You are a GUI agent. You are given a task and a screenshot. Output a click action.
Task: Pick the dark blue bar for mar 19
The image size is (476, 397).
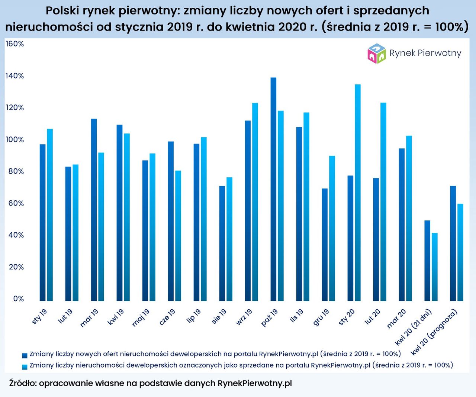click(94, 210)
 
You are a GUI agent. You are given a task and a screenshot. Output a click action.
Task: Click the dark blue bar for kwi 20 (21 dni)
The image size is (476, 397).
click(427, 260)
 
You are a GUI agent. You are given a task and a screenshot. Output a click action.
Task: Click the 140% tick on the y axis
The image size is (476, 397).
click(15, 76)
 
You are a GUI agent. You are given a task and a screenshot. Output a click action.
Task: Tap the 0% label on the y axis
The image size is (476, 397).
click(18, 299)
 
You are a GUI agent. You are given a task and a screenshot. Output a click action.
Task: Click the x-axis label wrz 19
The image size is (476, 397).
click(244, 317)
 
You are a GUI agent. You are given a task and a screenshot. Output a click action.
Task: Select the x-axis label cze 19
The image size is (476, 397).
click(167, 317)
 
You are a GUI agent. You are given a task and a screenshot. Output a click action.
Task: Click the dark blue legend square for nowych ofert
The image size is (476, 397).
click(25, 355)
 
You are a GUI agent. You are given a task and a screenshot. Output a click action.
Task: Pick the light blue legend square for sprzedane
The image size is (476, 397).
click(25, 367)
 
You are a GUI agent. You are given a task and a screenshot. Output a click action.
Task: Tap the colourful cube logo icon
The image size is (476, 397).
click(377, 54)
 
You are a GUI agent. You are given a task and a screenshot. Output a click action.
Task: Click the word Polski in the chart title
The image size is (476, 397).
click(61, 11)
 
